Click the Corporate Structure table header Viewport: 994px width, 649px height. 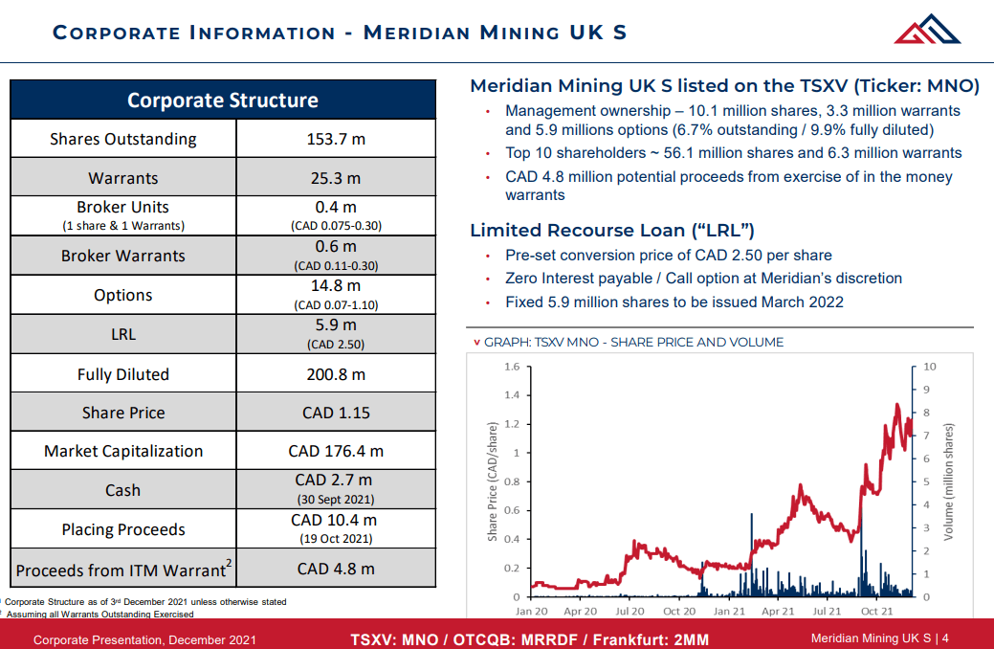[222, 101]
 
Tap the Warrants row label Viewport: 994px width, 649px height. [122, 178]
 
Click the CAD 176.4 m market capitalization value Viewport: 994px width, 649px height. [335, 451]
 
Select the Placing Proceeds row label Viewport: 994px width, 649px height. [122, 529]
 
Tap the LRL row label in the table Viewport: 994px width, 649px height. [122, 334]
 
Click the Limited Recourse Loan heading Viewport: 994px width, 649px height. [612, 231]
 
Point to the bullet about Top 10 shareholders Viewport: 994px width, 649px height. [733, 153]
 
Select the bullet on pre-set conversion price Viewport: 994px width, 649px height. [668, 256]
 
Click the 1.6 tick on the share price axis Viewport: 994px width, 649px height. [511, 367]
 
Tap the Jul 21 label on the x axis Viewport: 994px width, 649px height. [828, 611]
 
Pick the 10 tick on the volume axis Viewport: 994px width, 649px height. [930, 367]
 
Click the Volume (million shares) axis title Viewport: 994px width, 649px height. [949, 481]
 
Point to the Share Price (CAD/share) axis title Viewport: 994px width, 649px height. [493, 481]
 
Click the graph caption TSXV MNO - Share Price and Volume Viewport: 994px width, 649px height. [633, 342]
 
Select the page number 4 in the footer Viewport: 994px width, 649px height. [944, 638]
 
